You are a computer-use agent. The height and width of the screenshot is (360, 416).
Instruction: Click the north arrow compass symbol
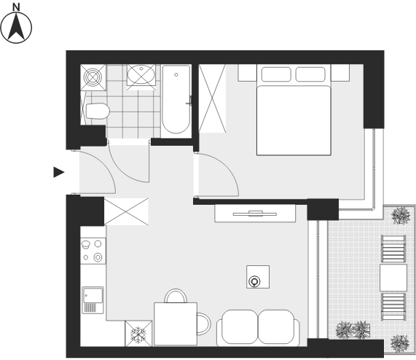point(16,27)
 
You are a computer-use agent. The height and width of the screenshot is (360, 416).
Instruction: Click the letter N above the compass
point(17,7)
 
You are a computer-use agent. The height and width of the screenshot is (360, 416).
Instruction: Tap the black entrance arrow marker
point(58,172)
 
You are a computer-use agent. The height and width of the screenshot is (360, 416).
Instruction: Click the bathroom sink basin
point(141,75)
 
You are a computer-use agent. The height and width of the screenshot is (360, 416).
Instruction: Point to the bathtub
point(176,99)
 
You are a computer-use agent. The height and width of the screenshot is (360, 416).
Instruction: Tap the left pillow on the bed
point(276,74)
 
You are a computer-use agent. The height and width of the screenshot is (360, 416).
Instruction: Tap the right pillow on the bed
point(310,74)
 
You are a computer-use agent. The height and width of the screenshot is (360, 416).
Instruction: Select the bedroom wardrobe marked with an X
point(212,98)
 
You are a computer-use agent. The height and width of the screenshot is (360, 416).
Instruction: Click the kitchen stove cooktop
point(93,251)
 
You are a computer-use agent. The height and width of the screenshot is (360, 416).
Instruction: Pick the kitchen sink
point(93,300)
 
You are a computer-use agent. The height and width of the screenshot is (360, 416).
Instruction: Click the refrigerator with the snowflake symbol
point(138,334)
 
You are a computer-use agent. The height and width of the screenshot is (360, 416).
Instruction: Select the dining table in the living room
point(176,324)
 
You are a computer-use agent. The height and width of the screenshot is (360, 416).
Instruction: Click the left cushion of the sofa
point(240,326)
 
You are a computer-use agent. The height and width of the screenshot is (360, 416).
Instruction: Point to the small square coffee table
point(258,277)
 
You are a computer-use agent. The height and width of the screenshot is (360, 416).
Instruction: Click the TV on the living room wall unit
point(255,214)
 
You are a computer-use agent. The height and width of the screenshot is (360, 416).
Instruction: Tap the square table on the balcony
point(393,278)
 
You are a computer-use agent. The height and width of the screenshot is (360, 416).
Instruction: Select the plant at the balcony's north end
point(401,216)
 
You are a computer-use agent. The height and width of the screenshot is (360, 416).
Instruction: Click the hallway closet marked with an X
point(126,212)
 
